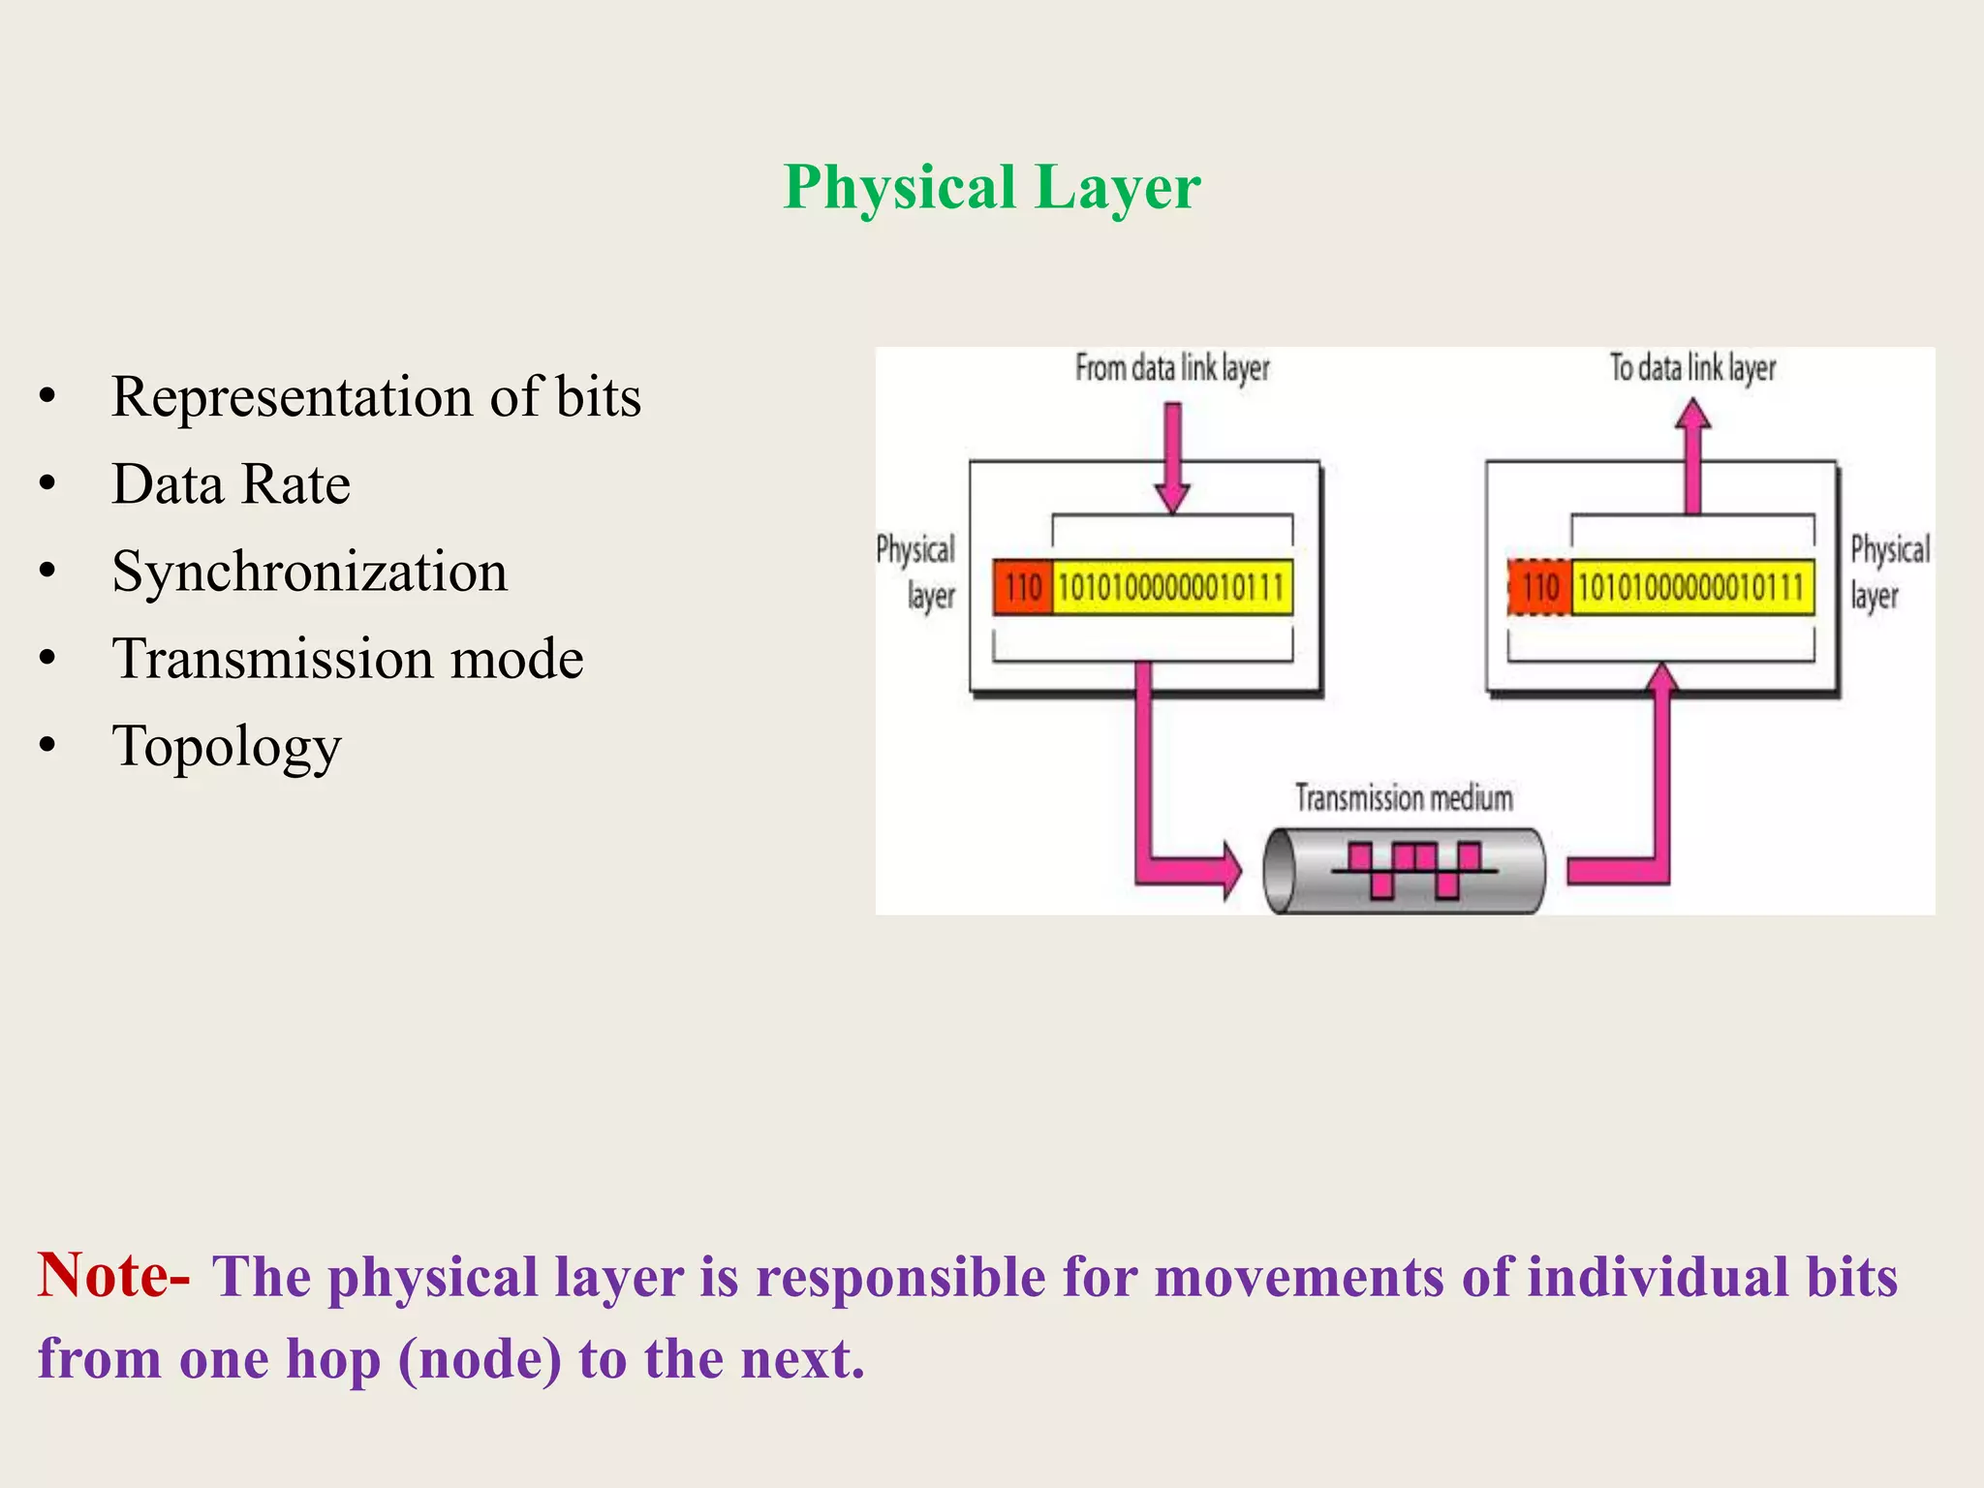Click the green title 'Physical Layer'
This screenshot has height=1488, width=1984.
click(992, 186)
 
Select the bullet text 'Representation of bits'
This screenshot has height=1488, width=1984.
click(376, 397)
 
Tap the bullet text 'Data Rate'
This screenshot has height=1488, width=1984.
click(231, 484)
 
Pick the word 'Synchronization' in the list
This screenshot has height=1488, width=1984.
click(309, 572)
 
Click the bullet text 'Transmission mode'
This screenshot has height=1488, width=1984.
click(348, 659)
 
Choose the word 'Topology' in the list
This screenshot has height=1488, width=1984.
click(227, 746)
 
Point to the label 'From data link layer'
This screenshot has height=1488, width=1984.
click(1172, 368)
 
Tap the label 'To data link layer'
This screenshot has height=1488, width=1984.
click(1692, 368)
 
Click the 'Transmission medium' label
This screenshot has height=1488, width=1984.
click(1404, 798)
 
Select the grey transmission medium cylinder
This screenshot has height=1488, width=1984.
click(1404, 870)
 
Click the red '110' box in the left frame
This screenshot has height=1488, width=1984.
click(1023, 587)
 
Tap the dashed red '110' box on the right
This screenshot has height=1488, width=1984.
click(1540, 587)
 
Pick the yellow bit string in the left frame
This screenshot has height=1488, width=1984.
click(1172, 587)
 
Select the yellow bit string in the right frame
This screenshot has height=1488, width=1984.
click(1691, 587)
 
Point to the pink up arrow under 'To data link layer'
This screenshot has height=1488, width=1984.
click(1692, 455)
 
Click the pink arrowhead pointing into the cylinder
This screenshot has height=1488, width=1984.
click(1228, 870)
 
